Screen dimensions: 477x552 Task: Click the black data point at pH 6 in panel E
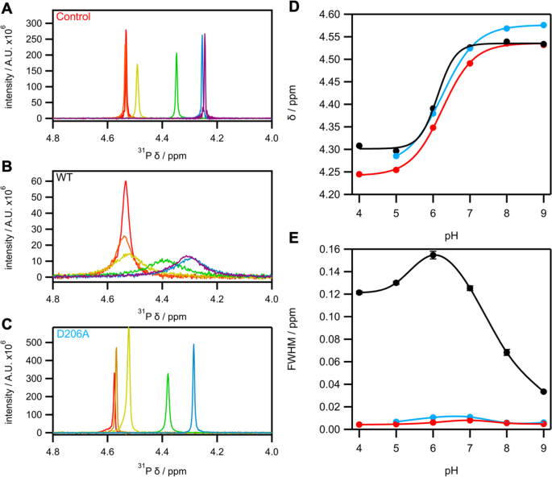[433, 255]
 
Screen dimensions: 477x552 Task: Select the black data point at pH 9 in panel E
[544, 392]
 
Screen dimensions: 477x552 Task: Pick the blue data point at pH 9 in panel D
[544, 25]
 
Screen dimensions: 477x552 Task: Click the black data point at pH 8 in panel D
[507, 41]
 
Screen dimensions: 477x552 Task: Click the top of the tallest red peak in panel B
[126, 181]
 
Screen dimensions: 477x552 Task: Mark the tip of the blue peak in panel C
[193, 344]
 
